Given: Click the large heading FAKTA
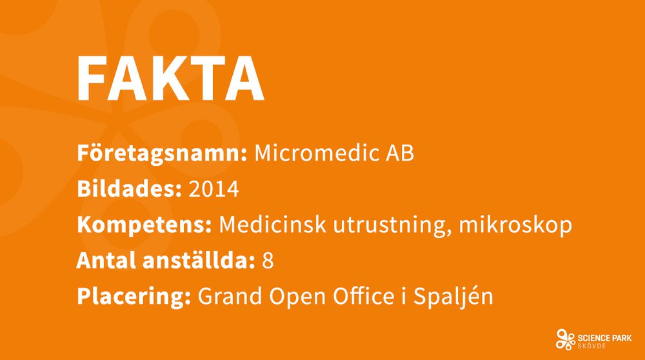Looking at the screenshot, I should [171, 78].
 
